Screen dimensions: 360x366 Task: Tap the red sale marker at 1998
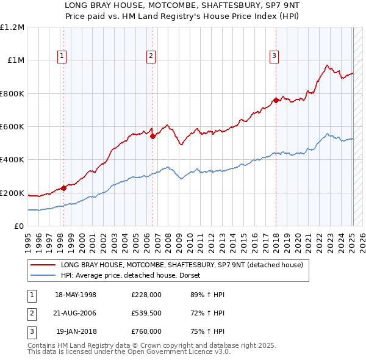point(63,189)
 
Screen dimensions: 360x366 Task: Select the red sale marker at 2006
point(152,137)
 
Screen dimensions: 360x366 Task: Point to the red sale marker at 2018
point(276,100)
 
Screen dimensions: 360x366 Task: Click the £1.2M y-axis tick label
point(12,27)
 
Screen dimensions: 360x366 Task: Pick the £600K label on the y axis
point(12,127)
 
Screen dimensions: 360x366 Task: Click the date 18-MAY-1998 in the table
point(76,295)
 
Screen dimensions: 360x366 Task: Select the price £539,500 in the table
point(146,313)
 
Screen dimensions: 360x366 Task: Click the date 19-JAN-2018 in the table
point(76,331)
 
